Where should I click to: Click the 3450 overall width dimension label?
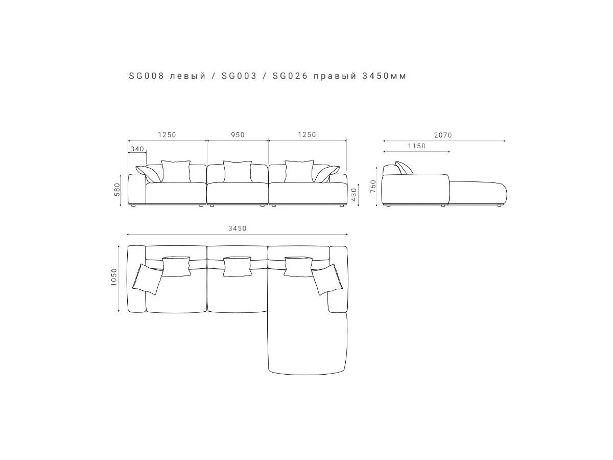[238, 228]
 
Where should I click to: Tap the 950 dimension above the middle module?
[238, 135]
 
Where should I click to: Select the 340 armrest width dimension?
[137, 149]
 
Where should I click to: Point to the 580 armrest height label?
[117, 189]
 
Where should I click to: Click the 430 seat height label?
[354, 195]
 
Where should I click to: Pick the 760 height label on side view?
[373, 186]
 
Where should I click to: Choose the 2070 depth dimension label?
[443, 135]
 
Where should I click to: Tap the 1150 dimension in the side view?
[416, 146]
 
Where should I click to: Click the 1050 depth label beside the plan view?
[114, 277]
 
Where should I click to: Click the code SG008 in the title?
[146, 76]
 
